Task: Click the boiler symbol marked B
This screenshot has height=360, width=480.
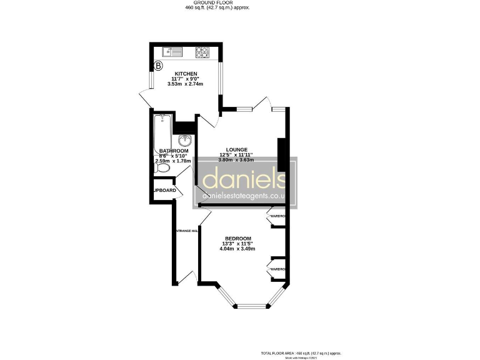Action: (158, 64)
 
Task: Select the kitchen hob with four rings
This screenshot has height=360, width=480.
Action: (203, 52)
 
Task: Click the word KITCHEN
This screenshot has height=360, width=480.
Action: (186, 74)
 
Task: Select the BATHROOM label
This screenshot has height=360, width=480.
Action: (174, 151)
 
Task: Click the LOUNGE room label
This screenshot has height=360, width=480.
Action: (237, 150)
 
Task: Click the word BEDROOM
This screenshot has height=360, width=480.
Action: (238, 239)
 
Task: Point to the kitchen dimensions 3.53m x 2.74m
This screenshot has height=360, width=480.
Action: (186, 84)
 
